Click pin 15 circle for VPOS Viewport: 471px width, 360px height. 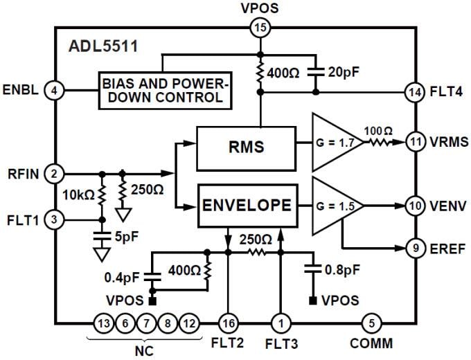260,28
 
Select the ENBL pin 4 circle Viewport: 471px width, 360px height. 54,89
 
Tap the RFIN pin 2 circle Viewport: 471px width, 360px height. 54,173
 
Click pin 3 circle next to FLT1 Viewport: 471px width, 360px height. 54,220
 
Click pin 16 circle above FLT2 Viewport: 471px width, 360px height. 228,323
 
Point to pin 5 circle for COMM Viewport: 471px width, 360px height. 371,323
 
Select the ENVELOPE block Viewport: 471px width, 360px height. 246,206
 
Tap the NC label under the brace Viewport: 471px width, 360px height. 143,350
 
